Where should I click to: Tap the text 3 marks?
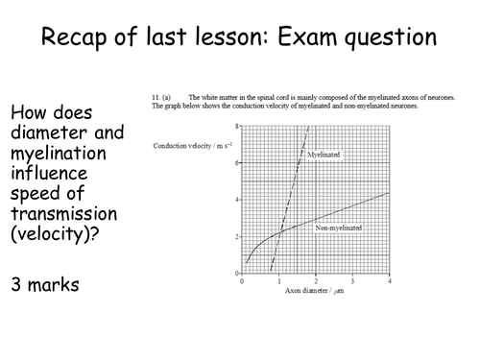46,284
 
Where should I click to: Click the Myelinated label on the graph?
328,154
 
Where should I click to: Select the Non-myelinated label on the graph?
339,228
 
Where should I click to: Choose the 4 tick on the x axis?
388,280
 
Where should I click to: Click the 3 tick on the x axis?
351,280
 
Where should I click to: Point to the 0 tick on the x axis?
241,280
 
